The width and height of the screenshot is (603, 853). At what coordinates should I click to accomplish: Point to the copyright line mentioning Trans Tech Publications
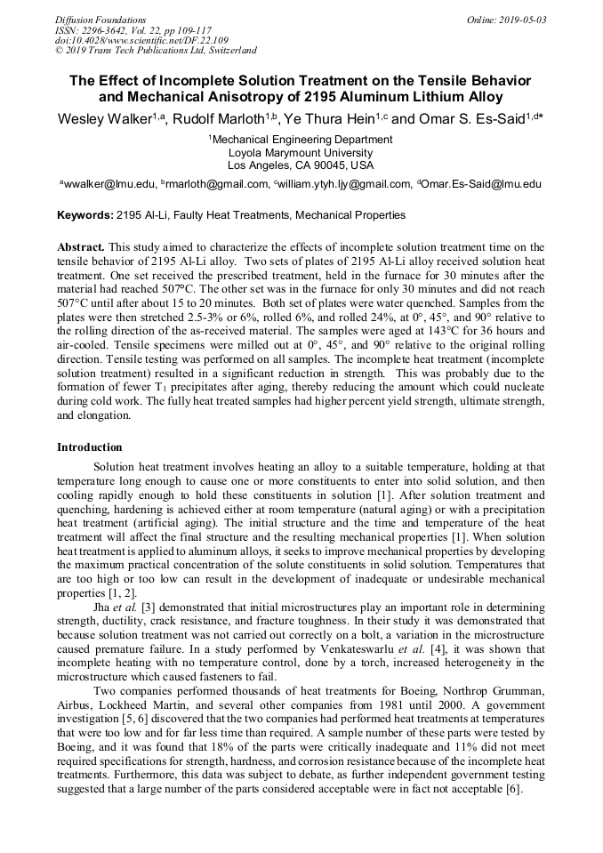pyautogui.click(x=156, y=51)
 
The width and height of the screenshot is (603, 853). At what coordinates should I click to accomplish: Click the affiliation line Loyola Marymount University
pyautogui.click(x=301, y=152)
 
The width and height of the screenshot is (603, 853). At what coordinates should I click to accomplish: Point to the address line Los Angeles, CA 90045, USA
pyautogui.click(x=301, y=165)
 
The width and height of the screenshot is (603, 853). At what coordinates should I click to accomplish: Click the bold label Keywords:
pyautogui.click(x=85, y=215)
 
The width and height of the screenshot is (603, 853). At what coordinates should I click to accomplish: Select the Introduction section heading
pyautogui.click(x=90, y=447)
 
